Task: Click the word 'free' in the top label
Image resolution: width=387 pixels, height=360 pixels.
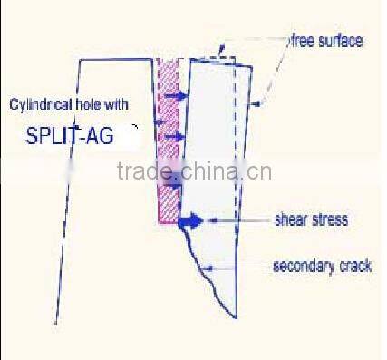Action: pyautogui.click(x=302, y=41)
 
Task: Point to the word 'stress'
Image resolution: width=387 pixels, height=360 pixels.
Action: pyautogui.click(x=330, y=219)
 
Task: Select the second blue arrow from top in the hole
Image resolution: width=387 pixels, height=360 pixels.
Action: pyautogui.click(x=176, y=136)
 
